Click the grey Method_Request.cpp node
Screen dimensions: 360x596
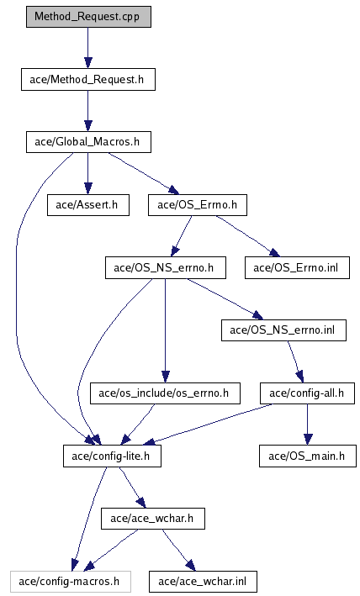88,17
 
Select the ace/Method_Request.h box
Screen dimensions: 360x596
88,80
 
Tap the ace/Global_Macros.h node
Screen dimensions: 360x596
88,142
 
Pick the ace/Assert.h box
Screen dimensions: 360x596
88,205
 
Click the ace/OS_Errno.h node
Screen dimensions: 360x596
198,205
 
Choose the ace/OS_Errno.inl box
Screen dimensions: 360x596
297,267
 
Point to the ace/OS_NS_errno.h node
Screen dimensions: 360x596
166,267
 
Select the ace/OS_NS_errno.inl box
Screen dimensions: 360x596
284,330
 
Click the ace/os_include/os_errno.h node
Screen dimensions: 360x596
166,393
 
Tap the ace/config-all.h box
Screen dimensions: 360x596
308,393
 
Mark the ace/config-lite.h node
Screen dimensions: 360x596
112,456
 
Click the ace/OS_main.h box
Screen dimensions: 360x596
308,456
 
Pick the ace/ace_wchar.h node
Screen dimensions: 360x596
153,519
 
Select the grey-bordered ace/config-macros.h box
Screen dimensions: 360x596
71,581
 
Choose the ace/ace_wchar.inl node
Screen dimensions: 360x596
203,581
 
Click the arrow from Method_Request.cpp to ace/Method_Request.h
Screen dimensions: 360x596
88,48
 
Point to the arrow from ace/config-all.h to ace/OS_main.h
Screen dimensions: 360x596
308,425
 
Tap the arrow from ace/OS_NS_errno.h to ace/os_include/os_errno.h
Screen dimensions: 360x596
165,330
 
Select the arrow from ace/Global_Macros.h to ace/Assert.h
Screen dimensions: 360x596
88,174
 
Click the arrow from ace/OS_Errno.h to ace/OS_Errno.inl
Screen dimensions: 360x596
248,235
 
